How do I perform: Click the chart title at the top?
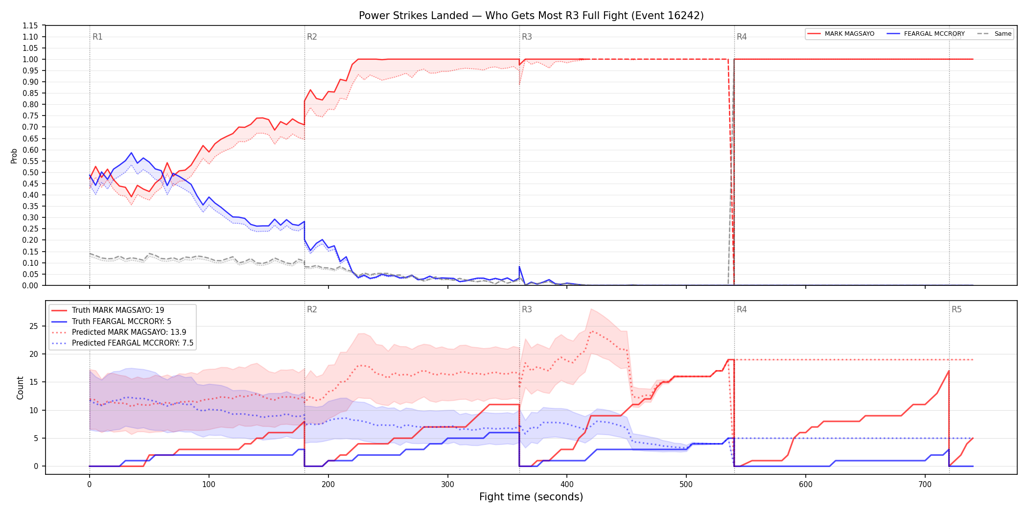(x=531, y=16)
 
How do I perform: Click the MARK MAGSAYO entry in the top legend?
(x=849, y=34)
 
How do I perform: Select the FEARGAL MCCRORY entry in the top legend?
(x=934, y=34)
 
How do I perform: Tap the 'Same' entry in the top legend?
(x=1003, y=34)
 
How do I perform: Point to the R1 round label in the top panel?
(x=97, y=37)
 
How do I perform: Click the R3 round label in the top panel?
(x=527, y=37)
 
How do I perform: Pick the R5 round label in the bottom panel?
(x=957, y=309)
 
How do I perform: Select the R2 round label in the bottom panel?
(x=312, y=309)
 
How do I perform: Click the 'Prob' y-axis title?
(x=14, y=156)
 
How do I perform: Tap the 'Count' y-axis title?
(x=20, y=388)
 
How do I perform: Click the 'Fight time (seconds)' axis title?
(x=531, y=497)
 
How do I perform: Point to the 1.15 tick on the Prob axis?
(x=30, y=25)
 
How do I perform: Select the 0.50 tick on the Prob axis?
(x=30, y=172)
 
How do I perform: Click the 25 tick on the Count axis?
(x=34, y=327)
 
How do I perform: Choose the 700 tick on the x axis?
(x=925, y=485)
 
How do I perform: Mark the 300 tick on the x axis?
(x=447, y=485)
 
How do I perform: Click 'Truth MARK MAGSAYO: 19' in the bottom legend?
(x=118, y=310)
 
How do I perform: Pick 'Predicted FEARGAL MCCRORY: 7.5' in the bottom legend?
(x=133, y=343)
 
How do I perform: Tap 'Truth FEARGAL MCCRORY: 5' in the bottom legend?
(x=121, y=322)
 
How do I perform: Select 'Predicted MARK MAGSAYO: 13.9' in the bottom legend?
(x=129, y=332)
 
